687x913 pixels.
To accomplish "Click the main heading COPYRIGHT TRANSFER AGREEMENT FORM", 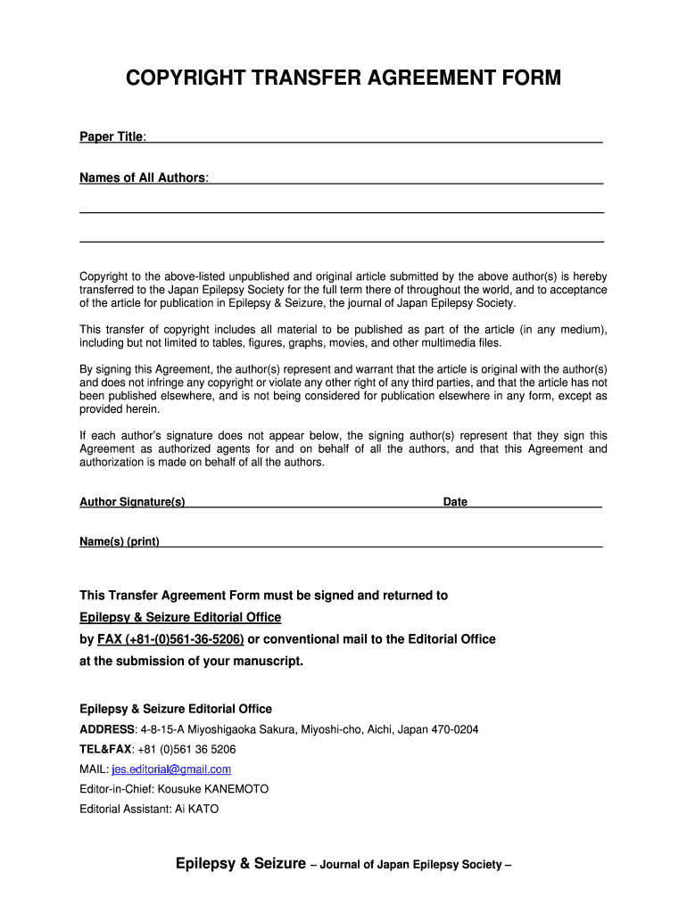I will (343, 78).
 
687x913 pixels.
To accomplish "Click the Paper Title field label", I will (112, 136).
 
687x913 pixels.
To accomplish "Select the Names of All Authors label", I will (143, 177).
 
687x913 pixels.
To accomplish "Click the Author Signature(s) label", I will (132, 502).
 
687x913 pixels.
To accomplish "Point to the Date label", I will (455, 502).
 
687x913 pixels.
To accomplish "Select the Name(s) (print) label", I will (120, 541).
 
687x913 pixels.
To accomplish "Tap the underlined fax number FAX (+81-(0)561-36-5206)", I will (170, 639).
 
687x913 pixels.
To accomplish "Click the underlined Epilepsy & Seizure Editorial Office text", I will (180, 617).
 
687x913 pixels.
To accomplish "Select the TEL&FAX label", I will (105, 749).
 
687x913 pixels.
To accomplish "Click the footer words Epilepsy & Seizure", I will (240, 863).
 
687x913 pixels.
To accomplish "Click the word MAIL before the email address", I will (94, 769).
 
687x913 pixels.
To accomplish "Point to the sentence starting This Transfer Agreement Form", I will (263, 595).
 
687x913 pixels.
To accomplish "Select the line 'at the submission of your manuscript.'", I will (192, 661).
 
